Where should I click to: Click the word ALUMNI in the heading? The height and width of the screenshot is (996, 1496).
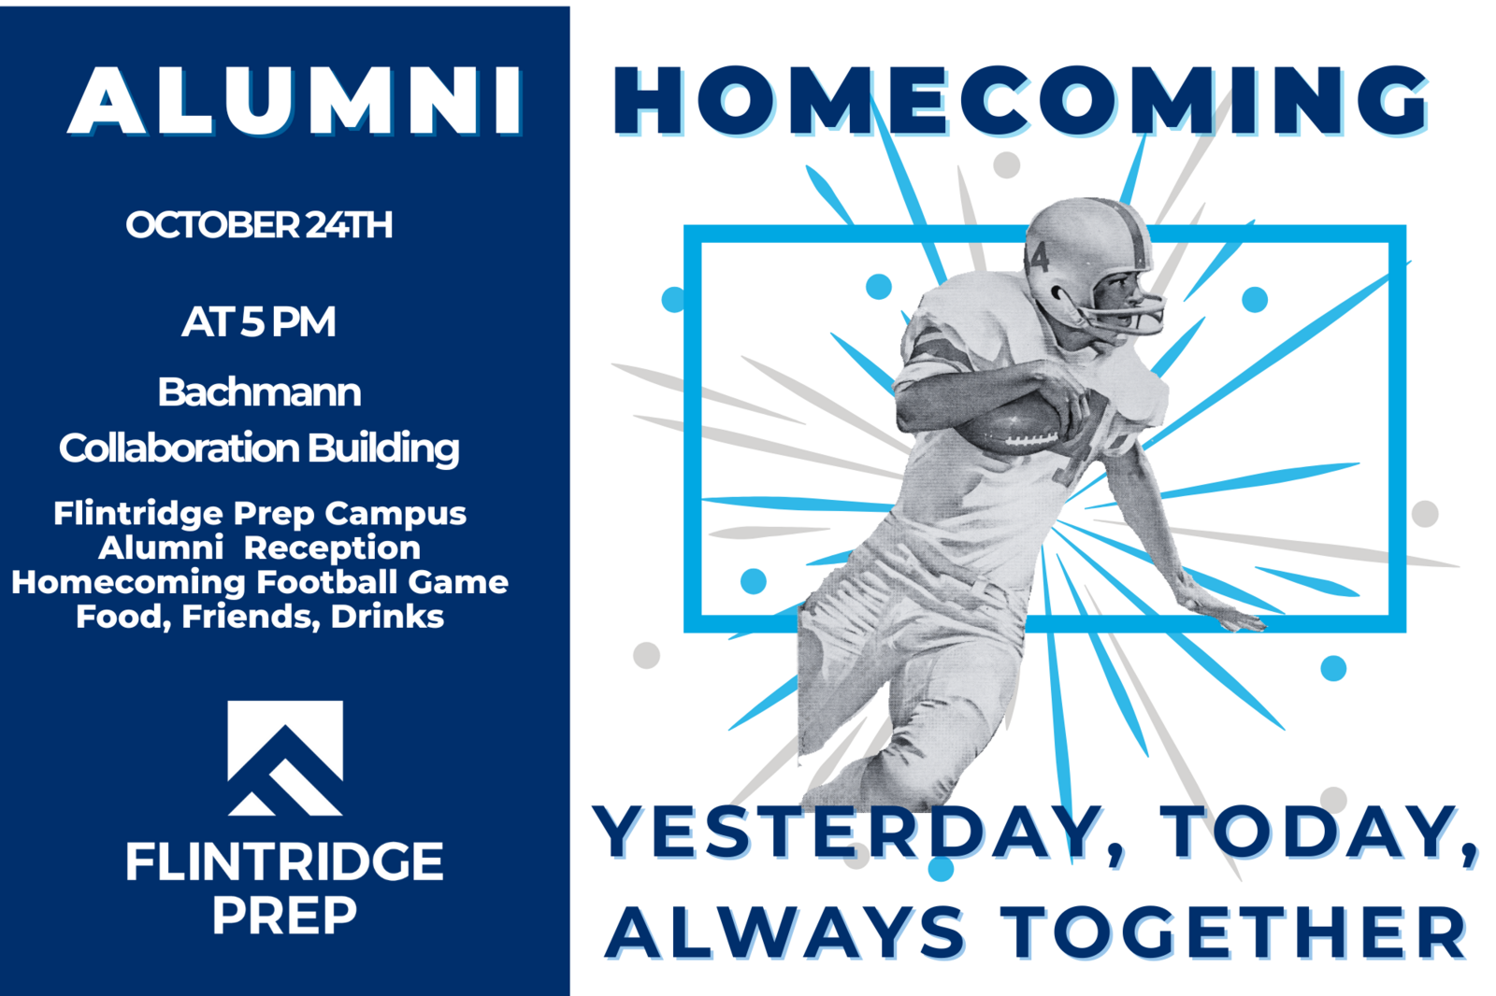tap(295, 101)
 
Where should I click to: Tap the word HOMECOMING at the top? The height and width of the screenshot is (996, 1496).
tap(1020, 101)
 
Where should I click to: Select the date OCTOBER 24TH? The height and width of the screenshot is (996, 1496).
tap(259, 225)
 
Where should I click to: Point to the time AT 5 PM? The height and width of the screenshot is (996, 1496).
tap(259, 321)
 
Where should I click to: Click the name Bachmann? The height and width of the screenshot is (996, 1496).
tap(259, 391)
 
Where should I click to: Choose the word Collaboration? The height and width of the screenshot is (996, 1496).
tap(179, 448)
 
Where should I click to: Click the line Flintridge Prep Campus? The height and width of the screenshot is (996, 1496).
tap(260, 514)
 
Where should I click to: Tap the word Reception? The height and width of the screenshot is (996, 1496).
tap(332, 548)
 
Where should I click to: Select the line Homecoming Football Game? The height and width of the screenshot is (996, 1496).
tap(260, 582)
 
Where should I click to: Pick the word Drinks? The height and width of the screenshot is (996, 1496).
tap(387, 617)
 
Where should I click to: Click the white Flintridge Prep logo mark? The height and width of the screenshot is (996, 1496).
tap(285, 758)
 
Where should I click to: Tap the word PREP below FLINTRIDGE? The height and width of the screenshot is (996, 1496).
tap(285, 916)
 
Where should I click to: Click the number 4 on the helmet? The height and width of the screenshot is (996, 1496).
tap(1040, 257)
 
